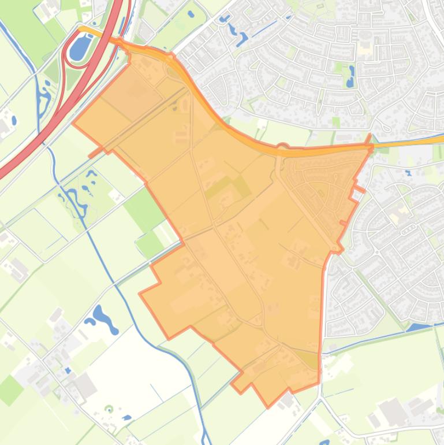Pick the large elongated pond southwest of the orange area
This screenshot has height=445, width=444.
click(x=104, y=318)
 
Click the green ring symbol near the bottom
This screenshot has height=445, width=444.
click(x=109, y=409)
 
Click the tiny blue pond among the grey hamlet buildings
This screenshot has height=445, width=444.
click(x=68, y=370)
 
